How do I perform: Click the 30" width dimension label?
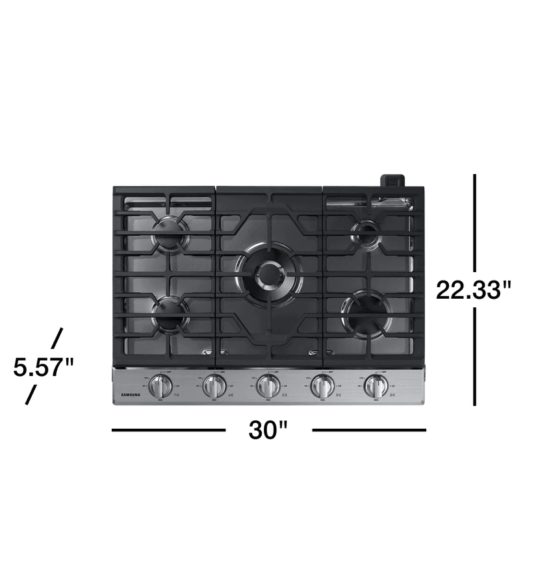(x=268, y=430)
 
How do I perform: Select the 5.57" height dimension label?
(x=44, y=368)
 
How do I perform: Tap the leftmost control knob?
(x=160, y=388)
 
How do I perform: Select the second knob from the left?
(x=213, y=388)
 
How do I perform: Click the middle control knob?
(x=267, y=388)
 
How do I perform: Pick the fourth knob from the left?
(x=321, y=388)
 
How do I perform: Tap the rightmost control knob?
(x=374, y=388)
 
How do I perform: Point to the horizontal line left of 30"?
(x=168, y=430)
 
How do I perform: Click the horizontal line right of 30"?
(x=369, y=430)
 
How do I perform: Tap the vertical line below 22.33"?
(x=475, y=357)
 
